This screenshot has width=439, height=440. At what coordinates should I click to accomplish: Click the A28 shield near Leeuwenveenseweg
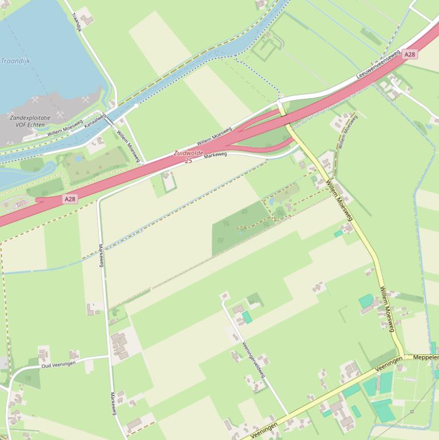409,54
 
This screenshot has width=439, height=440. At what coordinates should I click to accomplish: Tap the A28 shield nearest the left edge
70,199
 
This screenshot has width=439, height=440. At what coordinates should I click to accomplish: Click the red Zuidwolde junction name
188,153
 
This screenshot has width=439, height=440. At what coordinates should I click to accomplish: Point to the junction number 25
188,161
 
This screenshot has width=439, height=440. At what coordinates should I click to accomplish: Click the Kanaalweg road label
95,120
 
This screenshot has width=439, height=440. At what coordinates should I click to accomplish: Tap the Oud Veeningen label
58,364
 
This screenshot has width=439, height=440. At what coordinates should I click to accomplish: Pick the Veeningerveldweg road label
253,359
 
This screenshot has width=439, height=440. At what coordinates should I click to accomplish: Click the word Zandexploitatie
30,118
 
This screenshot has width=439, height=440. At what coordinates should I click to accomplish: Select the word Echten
35,125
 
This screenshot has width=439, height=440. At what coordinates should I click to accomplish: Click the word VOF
21,125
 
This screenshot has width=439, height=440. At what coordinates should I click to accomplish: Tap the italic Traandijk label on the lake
15,61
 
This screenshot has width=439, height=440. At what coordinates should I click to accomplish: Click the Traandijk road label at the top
77,23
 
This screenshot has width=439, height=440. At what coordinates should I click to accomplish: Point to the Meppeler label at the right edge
425,357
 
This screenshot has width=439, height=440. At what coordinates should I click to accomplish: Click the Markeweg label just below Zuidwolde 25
215,154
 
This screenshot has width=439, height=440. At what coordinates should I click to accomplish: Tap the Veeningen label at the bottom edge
263,430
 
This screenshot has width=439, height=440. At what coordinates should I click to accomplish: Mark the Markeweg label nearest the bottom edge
113,404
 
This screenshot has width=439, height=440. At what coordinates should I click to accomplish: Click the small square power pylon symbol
411,411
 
